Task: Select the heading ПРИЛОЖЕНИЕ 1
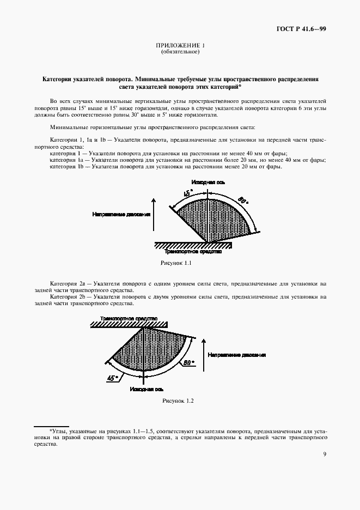pos(180,46)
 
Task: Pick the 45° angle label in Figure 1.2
pos(113,377)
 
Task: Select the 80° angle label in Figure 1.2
pos(187,361)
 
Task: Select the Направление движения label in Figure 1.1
pos(121,215)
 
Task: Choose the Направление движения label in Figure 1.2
pos(236,355)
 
